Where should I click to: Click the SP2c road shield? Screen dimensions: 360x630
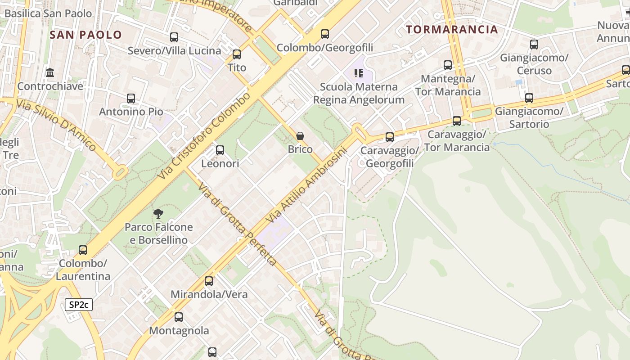(79, 305)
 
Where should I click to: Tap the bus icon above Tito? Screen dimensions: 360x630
(237, 54)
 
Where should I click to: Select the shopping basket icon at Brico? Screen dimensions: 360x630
(300, 135)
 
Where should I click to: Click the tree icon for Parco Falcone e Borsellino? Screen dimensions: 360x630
(158, 213)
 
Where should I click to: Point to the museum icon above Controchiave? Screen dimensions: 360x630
(50, 72)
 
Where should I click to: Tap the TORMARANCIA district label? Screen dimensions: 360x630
(452, 30)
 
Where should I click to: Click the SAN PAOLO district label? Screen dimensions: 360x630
(86, 35)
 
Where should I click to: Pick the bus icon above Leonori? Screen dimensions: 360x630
(220, 150)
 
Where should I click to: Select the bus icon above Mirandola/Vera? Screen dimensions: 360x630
(209, 281)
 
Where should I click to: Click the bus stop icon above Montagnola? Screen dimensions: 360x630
(179, 317)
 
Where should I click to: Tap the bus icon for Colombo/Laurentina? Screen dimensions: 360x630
(83, 250)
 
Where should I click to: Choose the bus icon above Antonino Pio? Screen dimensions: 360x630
(131, 98)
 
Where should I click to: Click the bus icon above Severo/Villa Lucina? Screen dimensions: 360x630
(174, 37)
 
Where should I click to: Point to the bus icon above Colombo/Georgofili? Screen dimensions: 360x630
(325, 34)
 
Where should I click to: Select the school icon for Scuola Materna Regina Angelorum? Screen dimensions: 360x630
(359, 73)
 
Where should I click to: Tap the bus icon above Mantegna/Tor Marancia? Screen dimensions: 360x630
(448, 65)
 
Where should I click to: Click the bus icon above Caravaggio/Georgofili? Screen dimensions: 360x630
(390, 137)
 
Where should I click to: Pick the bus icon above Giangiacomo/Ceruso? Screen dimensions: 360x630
(534, 45)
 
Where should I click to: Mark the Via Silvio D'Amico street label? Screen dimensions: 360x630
(56, 125)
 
